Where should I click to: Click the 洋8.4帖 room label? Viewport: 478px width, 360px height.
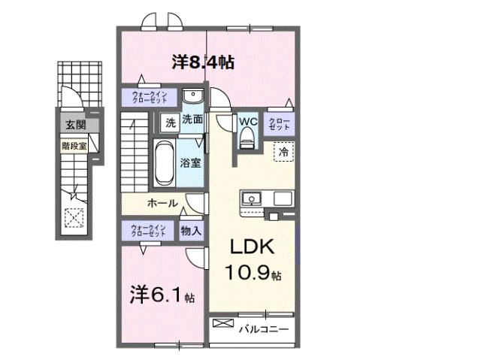pyautogui.click(x=202, y=62)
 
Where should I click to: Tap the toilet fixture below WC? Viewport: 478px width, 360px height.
pyautogui.click(x=247, y=138)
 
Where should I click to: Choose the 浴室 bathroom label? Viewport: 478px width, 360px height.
pyautogui.click(x=189, y=162)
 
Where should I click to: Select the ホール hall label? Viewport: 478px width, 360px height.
pyautogui.click(x=162, y=203)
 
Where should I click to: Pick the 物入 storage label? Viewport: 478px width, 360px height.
pyautogui.click(x=191, y=231)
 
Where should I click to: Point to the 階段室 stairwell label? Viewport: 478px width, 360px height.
pyautogui.click(x=74, y=147)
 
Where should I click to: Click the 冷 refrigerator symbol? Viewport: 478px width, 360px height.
pyautogui.click(x=283, y=152)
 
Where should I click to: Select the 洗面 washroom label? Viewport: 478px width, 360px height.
pyautogui.click(x=191, y=119)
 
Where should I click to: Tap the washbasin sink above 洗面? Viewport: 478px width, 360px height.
pyautogui.click(x=192, y=98)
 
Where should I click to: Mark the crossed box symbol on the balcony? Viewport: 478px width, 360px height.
pyautogui.click(x=223, y=324)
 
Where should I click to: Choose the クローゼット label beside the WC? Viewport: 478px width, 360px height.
pyautogui.click(x=278, y=123)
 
